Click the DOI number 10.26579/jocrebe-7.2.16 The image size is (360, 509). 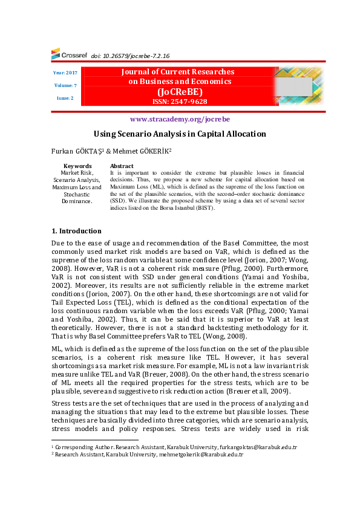click(130, 55)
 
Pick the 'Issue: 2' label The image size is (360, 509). click(65, 98)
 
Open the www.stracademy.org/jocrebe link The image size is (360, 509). click(180, 119)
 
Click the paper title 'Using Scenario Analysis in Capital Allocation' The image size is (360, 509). click(180, 134)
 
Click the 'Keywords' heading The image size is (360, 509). click(77, 166)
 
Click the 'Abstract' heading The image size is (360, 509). click(122, 166)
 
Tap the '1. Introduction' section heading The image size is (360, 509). click(76, 231)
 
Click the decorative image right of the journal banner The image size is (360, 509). click(298, 86)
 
